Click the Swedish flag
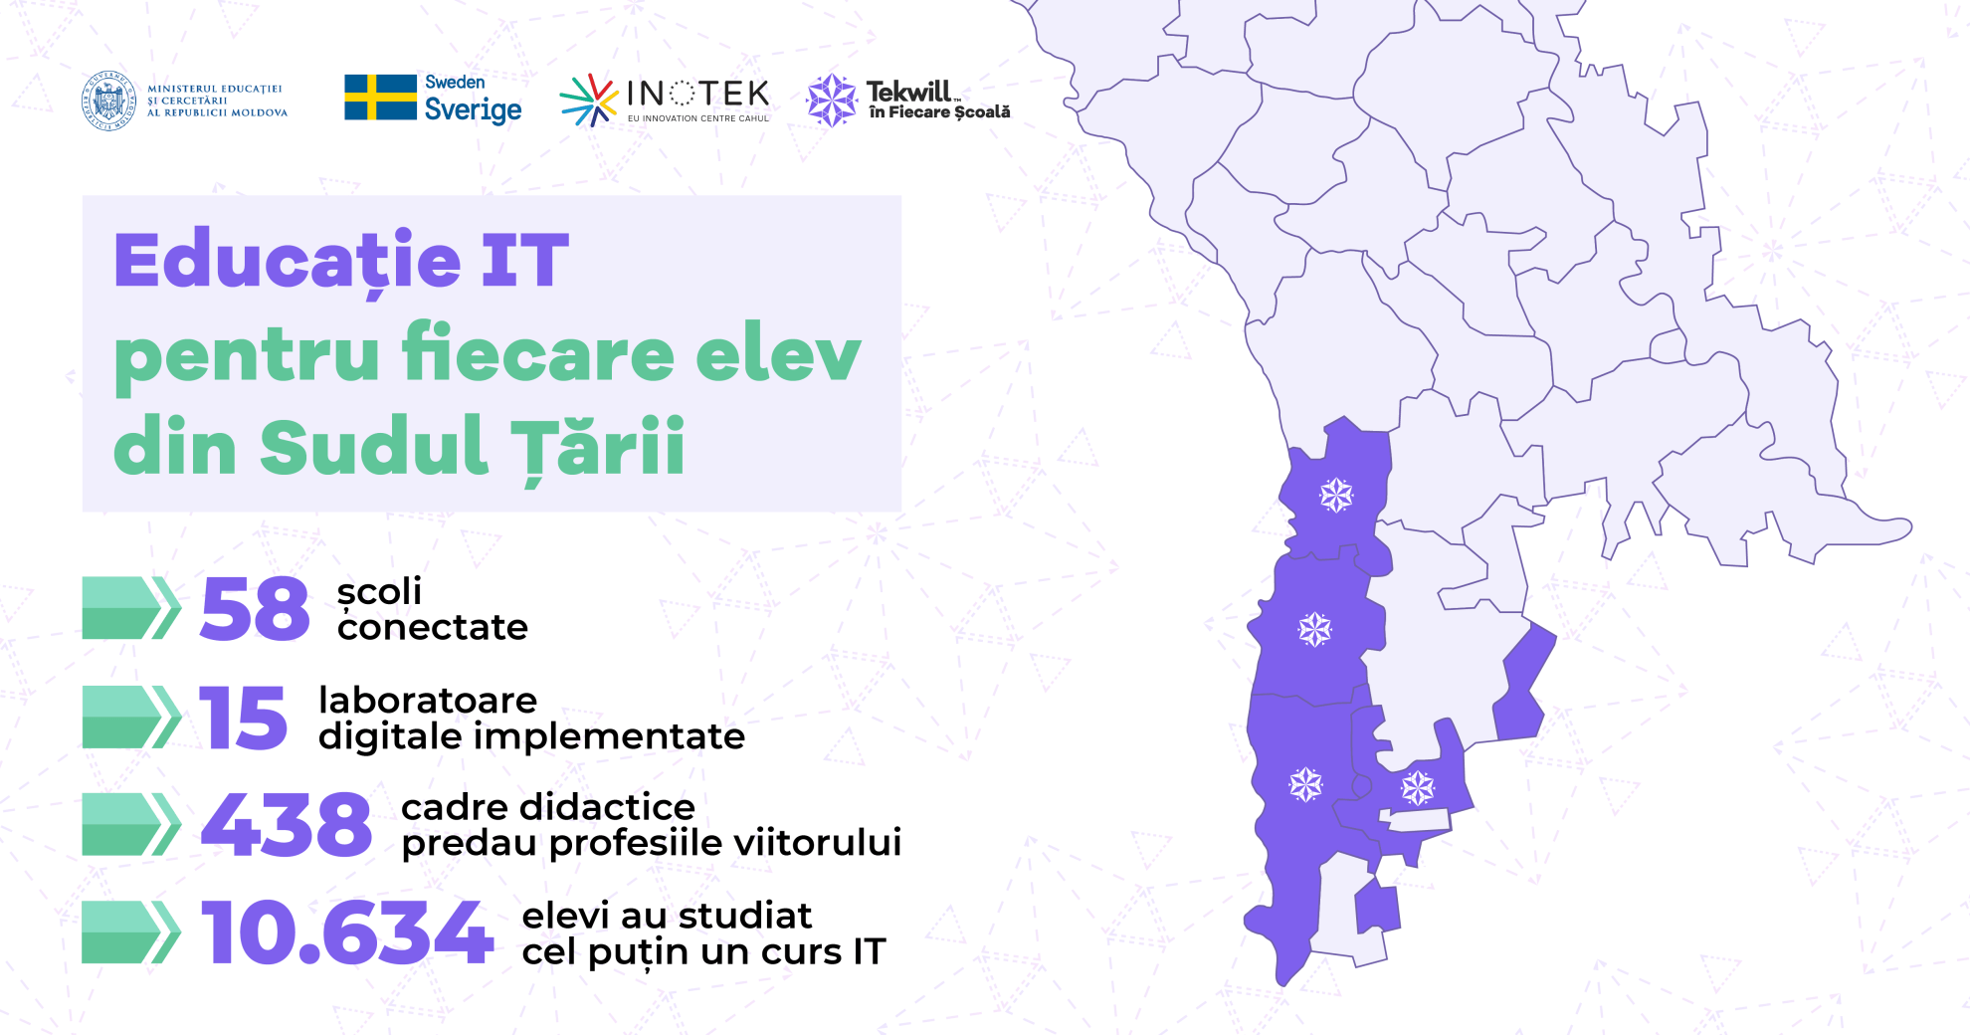point(380,98)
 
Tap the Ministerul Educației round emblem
point(108,101)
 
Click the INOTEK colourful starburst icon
point(589,100)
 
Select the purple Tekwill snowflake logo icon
point(832,101)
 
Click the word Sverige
point(473,108)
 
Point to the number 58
point(255,608)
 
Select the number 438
point(287,824)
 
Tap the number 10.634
point(347,932)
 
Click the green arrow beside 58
point(131,608)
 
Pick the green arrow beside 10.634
point(131,932)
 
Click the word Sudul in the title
point(374,445)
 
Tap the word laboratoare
point(428,700)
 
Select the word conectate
point(433,627)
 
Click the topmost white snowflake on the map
point(1336,495)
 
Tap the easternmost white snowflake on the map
point(1418,788)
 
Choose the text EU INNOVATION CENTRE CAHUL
point(698,118)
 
